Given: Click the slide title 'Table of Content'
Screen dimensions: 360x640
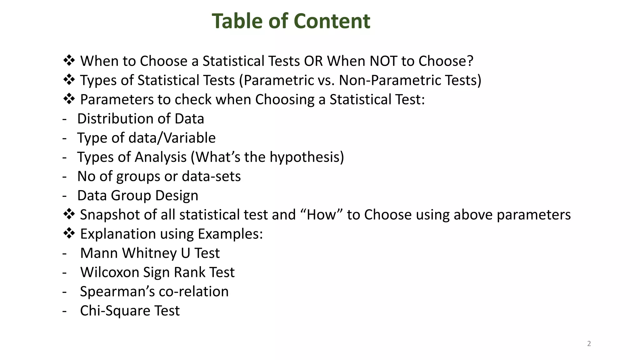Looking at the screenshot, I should click(x=291, y=21).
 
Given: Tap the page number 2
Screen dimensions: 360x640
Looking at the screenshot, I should click(x=589, y=344).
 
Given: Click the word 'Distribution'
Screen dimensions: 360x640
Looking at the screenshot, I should click(x=115, y=119).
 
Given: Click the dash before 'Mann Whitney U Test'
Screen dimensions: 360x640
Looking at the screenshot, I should click(x=65, y=253).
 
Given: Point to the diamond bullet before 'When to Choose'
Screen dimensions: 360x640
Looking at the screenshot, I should click(x=69, y=60).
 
